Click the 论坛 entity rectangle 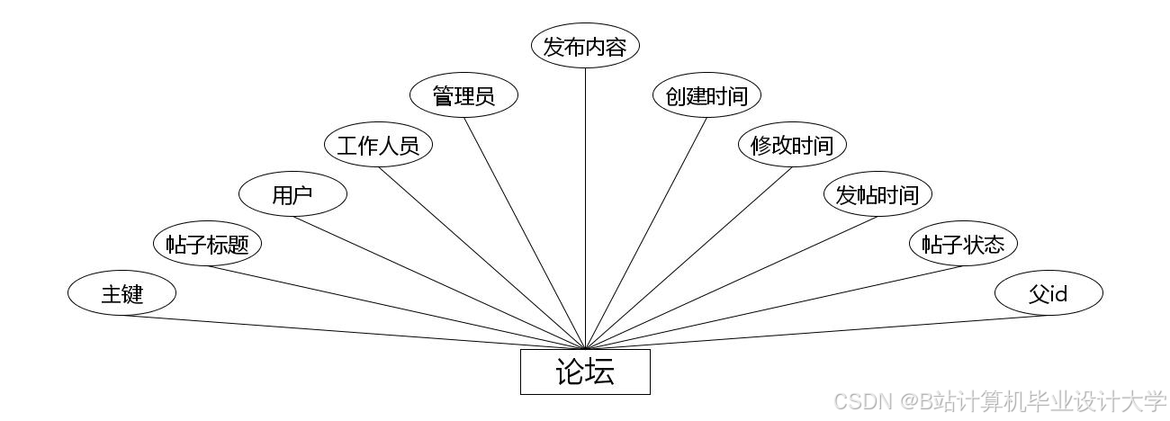(585, 372)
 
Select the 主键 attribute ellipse (121, 293)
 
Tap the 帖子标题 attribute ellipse (207, 244)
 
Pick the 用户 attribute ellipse (292, 194)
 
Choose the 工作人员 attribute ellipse (378, 145)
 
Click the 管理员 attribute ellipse (463, 95)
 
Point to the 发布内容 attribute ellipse (585, 47)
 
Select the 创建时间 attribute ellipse (706, 95)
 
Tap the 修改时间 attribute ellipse (792, 145)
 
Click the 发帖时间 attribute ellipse (877, 194)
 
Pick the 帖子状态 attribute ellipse (963, 244)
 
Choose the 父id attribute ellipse (1048, 293)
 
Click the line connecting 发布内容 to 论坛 (585, 207)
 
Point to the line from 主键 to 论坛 (353, 332)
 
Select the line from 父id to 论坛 (817, 332)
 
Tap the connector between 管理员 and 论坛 (525, 233)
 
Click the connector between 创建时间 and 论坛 (645, 233)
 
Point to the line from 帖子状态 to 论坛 (774, 308)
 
